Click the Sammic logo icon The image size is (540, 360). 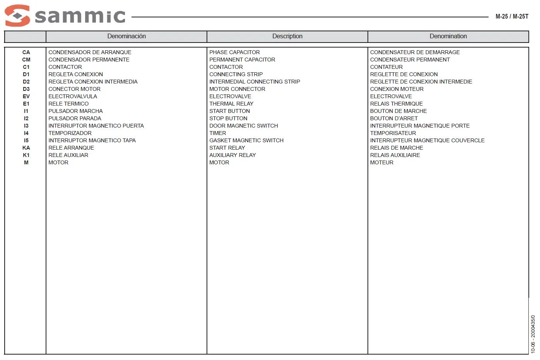click(17, 15)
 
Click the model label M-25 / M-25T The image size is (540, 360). click(511, 17)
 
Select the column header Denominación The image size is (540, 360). click(126, 36)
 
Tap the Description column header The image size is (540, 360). click(287, 36)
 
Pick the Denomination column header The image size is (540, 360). click(448, 36)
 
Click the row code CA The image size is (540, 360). click(26, 52)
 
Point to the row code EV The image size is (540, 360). click(26, 96)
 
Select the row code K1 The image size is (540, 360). click(26, 155)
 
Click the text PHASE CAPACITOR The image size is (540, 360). click(234, 52)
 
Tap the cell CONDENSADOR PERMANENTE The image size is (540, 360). click(89, 60)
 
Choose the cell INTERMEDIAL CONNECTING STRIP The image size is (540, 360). click(255, 82)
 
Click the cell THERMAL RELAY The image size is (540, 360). click(231, 104)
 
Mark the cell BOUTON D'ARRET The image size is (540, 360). click(394, 118)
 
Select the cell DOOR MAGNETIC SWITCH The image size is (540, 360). click(243, 126)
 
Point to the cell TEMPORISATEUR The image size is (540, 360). click(393, 133)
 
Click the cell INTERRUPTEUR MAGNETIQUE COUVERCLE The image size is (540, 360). click(427, 140)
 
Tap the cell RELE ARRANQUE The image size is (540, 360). click(71, 148)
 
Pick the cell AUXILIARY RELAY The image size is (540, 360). click(232, 155)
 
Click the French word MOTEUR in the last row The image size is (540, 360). click(381, 162)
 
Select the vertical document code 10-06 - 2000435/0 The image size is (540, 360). click(533, 334)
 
